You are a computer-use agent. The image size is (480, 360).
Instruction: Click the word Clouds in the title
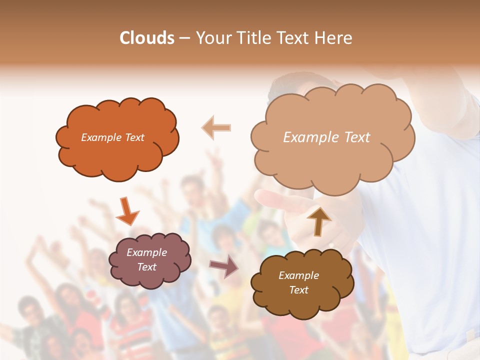click(147, 38)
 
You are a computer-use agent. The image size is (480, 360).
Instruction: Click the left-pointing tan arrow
click(216, 127)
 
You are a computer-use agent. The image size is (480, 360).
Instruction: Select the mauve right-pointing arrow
click(224, 265)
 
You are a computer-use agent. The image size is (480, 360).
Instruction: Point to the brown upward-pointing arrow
click(318, 220)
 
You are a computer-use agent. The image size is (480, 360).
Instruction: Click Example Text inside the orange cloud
click(113, 137)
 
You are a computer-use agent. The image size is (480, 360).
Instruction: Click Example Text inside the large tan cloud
click(327, 137)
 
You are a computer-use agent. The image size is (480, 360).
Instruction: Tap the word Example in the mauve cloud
click(146, 252)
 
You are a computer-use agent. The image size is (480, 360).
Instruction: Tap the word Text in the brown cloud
click(298, 290)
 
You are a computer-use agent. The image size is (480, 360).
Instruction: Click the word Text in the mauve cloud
click(147, 267)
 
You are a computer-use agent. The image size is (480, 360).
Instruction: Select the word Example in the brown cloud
click(298, 275)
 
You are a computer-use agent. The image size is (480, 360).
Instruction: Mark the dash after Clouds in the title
click(184, 38)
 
